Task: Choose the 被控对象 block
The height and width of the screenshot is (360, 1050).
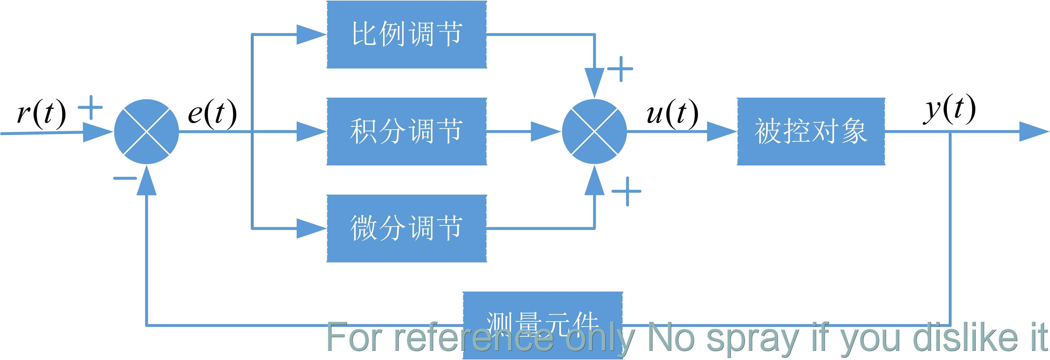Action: click(811, 131)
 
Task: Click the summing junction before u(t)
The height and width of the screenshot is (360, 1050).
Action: click(594, 131)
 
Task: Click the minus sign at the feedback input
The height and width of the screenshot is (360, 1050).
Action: click(125, 178)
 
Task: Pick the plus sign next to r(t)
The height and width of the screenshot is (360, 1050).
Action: click(90, 108)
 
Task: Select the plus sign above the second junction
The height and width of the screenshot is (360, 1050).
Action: click(620, 69)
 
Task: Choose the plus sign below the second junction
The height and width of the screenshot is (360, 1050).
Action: click(627, 191)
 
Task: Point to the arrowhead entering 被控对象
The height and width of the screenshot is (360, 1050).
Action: click(722, 131)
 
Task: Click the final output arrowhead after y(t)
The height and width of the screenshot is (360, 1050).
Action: click(1033, 131)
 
